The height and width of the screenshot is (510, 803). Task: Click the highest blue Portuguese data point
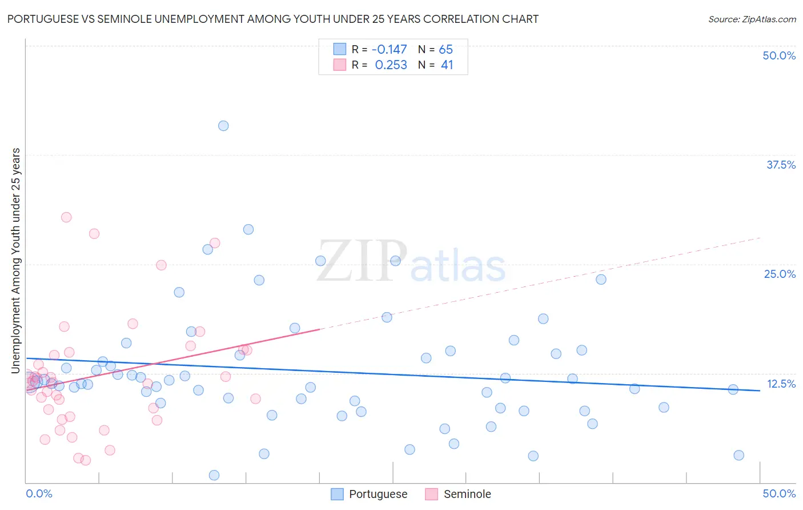223,126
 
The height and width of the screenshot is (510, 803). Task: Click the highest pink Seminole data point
66,217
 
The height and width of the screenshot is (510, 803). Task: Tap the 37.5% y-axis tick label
781,165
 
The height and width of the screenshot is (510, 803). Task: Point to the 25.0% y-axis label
780,274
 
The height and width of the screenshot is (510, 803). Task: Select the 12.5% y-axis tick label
781,384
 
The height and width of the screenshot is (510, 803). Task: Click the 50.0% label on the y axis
779,55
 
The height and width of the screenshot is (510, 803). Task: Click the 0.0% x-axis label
39,493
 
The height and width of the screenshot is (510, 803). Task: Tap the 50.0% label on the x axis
779,493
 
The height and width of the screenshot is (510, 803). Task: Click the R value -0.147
389,50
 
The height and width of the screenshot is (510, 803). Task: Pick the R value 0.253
391,65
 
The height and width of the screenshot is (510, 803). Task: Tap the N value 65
445,50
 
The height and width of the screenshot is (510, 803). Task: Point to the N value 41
447,65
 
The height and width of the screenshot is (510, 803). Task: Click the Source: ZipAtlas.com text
752,19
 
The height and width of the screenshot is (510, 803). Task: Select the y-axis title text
15,261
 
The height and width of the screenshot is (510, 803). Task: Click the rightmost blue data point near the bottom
738,455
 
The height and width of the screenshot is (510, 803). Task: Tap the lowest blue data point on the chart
214,475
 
